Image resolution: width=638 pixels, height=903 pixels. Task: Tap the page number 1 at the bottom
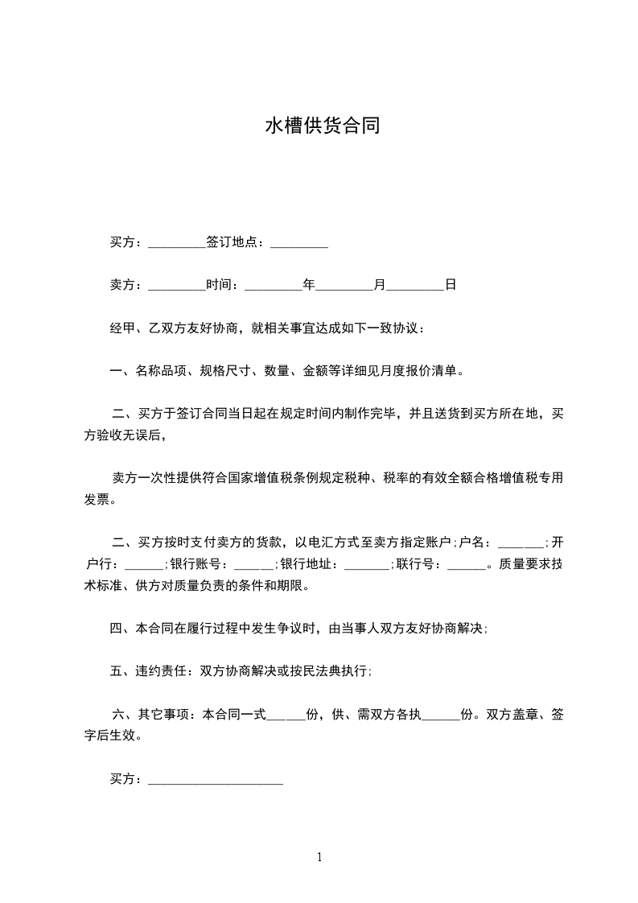319,857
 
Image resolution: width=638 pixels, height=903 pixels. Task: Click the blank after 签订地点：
299,242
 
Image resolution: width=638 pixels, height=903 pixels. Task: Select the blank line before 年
273,285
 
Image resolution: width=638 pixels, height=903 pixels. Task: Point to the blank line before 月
345,285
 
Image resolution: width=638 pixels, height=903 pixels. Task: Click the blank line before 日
415,285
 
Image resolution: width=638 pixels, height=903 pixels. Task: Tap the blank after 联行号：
467,564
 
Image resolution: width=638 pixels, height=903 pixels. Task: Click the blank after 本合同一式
286,715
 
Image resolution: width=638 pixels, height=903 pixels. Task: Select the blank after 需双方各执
441,715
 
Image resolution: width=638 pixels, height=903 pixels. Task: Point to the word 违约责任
160,671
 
